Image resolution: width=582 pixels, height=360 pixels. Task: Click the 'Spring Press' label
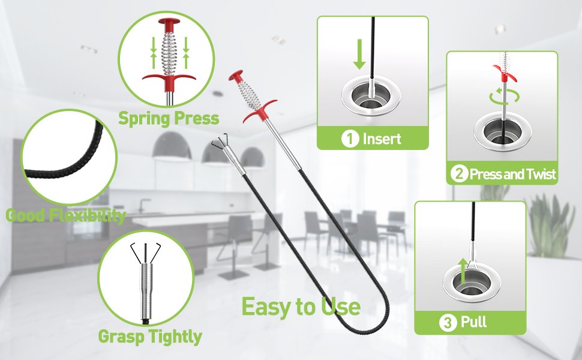pyautogui.click(x=169, y=119)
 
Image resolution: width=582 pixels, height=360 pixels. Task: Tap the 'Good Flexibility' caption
pyautogui.click(x=65, y=215)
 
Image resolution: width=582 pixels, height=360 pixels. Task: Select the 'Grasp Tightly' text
pyautogui.click(x=150, y=337)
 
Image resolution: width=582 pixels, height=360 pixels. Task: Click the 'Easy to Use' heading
pyautogui.click(x=301, y=307)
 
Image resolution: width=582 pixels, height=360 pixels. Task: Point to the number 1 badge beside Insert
pyautogui.click(x=350, y=139)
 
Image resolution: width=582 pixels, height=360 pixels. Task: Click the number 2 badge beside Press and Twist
pyautogui.click(x=460, y=173)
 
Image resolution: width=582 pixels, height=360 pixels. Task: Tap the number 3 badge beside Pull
pyautogui.click(x=448, y=322)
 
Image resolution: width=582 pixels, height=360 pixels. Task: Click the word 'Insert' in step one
pyautogui.click(x=382, y=139)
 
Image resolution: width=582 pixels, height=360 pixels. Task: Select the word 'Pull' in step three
pyautogui.click(x=473, y=322)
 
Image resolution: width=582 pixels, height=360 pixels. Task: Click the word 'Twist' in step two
pyautogui.click(x=539, y=173)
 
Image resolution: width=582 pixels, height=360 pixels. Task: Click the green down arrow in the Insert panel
pyautogui.click(x=359, y=54)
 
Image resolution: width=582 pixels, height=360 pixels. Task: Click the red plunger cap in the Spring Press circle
pyautogui.click(x=169, y=23)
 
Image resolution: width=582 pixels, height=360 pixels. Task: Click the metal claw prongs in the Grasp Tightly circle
pyautogui.click(x=145, y=253)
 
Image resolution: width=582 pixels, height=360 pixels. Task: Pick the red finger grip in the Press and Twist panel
pyautogui.click(x=503, y=73)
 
